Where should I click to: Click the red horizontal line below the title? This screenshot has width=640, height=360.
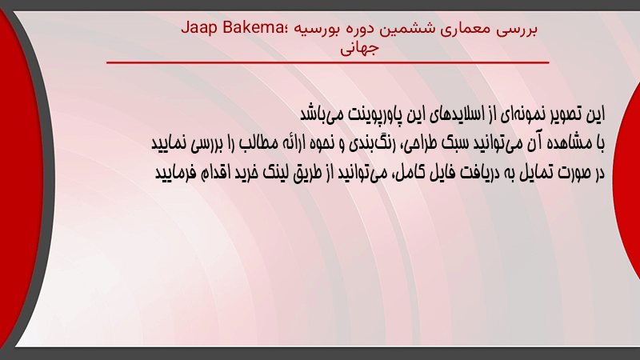(x=328, y=62)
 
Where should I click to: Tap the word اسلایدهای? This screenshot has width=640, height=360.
(x=454, y=114)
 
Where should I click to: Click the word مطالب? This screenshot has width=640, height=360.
(x=259, y=143)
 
